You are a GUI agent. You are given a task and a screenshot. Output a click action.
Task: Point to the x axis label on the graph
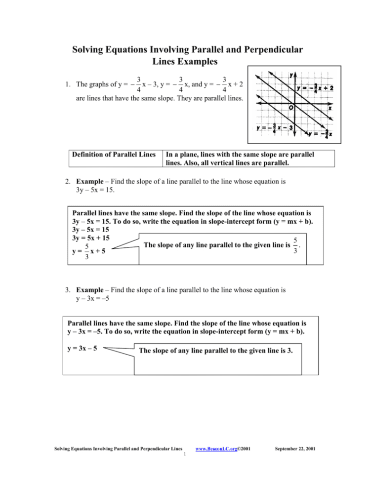pos(329,108)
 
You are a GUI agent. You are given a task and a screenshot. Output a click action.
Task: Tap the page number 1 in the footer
pos(183,455)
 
